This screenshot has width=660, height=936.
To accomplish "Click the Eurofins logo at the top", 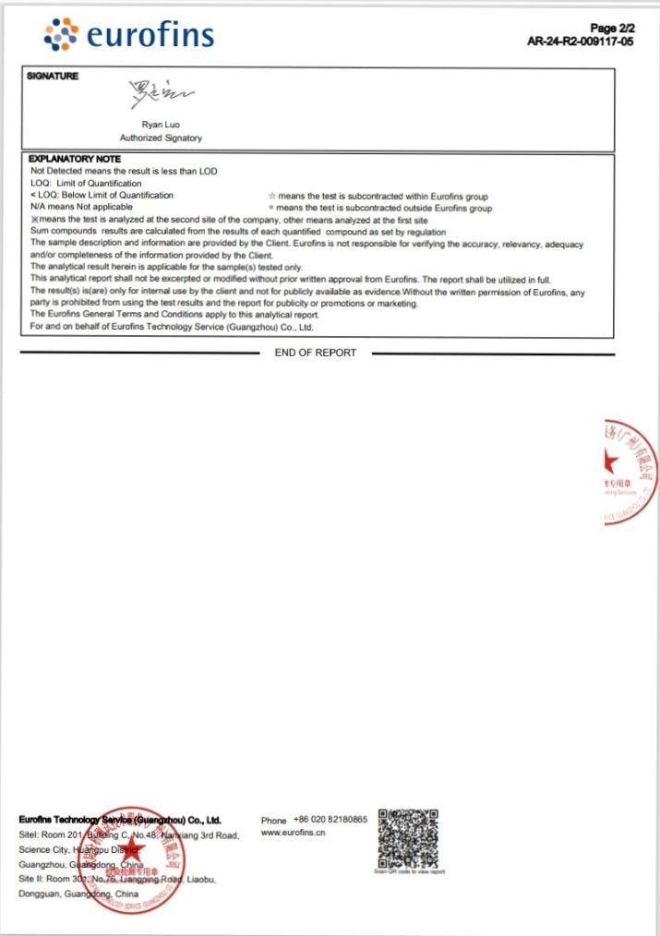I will point(129,34).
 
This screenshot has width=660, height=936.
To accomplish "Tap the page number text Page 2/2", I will point(611,29).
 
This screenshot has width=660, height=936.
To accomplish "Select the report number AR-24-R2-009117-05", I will point(580,42).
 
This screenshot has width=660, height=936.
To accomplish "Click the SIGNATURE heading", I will point(53,76).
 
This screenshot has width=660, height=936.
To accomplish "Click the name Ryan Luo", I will point(161,123).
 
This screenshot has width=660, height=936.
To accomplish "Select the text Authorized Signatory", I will point(161,138).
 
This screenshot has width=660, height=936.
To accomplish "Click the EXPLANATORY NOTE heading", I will point(75,159).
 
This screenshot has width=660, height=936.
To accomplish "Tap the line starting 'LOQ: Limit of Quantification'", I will point(86,183).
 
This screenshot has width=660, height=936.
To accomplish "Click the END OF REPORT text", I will point(315,353).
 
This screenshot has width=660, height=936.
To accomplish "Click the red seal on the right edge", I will point(632,472).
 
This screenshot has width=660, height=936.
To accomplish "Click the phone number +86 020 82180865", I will point(330,820).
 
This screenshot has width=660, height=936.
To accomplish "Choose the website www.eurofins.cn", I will point(294,833).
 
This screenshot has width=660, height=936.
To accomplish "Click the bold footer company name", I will point(120,820).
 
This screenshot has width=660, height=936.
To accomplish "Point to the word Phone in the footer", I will point(274,820).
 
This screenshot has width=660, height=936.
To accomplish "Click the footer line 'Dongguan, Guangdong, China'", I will point(78,894).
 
